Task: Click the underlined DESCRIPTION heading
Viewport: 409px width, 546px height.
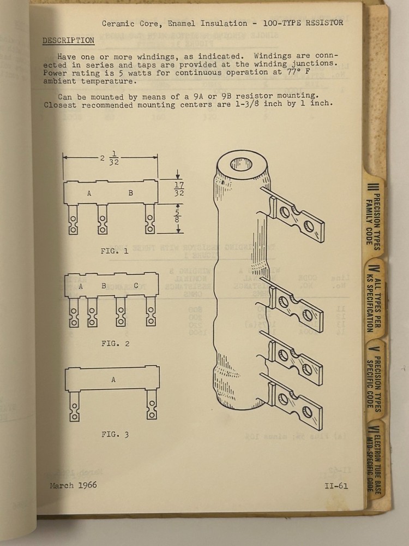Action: (x=68, y=40)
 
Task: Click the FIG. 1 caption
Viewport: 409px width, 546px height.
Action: (x=115, y=252)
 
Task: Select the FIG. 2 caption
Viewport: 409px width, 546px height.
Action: (x=115, y=343)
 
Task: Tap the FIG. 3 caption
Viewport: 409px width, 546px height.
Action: (x=115, y=435)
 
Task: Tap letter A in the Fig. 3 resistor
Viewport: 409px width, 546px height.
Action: (x=113, y=379)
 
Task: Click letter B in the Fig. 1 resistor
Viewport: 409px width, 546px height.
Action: (x=130, y=193)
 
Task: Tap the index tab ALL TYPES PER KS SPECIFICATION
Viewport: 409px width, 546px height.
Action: (x=375, y=298)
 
